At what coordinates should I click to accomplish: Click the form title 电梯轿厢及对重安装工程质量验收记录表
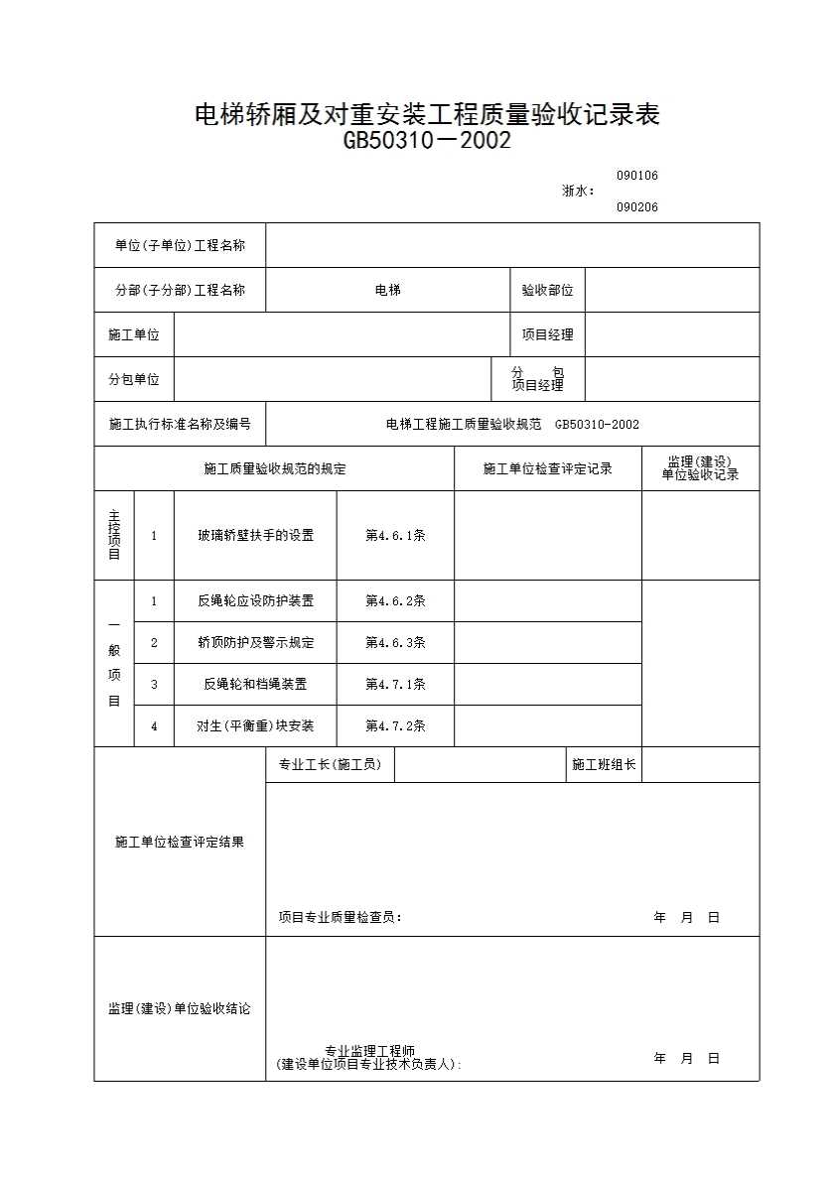(x=427, y=114)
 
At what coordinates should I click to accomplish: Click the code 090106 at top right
(x=636, y=176)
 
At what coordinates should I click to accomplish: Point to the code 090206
(x=636, y=207)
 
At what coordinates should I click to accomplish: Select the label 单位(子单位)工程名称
(x=180, y=245)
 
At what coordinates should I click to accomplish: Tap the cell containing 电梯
(x=387, y=290)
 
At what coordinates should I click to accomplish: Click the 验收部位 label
(x=547, y=290)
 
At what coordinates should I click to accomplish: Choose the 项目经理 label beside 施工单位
(x=547, y=334)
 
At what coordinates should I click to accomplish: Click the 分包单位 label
(x=134, y=379)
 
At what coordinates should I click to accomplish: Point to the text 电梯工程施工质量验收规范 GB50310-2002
(x=512, y=424)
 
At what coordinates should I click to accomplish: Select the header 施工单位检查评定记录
(x=547, y=468)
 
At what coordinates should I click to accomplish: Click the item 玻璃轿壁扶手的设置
(x=255, y=535)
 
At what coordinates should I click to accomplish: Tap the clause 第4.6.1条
(x=395, y=535)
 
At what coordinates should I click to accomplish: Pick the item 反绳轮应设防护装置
(x=255, y=600)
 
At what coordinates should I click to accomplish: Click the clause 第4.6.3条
(x=395, y=642)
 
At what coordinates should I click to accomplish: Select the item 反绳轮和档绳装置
(x=255, y=684)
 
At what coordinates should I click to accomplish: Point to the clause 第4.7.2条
(x=395, y=725)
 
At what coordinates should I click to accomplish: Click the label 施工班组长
(x=604, y=764)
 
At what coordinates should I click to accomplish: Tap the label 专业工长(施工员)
(x=330, y=764)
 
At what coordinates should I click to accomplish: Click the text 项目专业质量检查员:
(x=341, y=917)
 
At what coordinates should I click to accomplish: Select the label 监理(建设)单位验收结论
(x=180, y=1008)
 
